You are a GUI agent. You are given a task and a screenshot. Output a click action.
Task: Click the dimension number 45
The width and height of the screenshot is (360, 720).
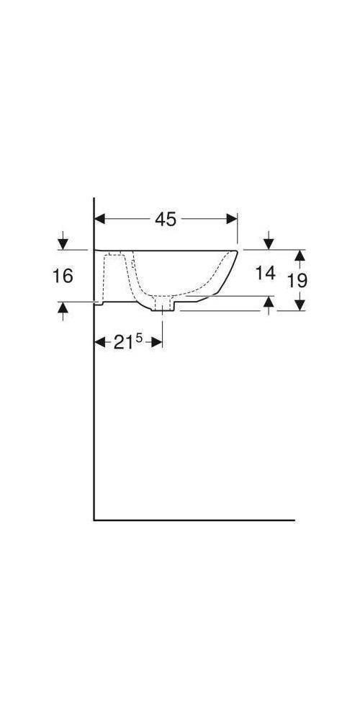click(x=166, y=220)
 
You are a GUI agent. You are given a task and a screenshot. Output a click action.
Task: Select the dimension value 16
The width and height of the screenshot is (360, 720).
click(x=63, y=276)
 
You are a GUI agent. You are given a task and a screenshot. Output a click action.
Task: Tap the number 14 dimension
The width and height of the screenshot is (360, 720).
click(x=266, y=273)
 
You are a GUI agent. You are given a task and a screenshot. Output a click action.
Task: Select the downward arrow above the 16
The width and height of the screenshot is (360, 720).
click(x=63, y=243)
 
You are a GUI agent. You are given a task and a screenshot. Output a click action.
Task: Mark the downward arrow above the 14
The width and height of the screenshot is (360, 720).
click(x=268, y=243)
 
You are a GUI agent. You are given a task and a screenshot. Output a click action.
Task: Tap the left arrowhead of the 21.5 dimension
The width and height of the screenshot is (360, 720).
click(x=100, y=343)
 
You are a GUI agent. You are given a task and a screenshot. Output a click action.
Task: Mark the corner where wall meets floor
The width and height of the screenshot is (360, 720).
click(x=94, y=519)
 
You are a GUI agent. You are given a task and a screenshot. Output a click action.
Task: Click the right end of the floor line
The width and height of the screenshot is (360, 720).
click(x=294, y=519)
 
